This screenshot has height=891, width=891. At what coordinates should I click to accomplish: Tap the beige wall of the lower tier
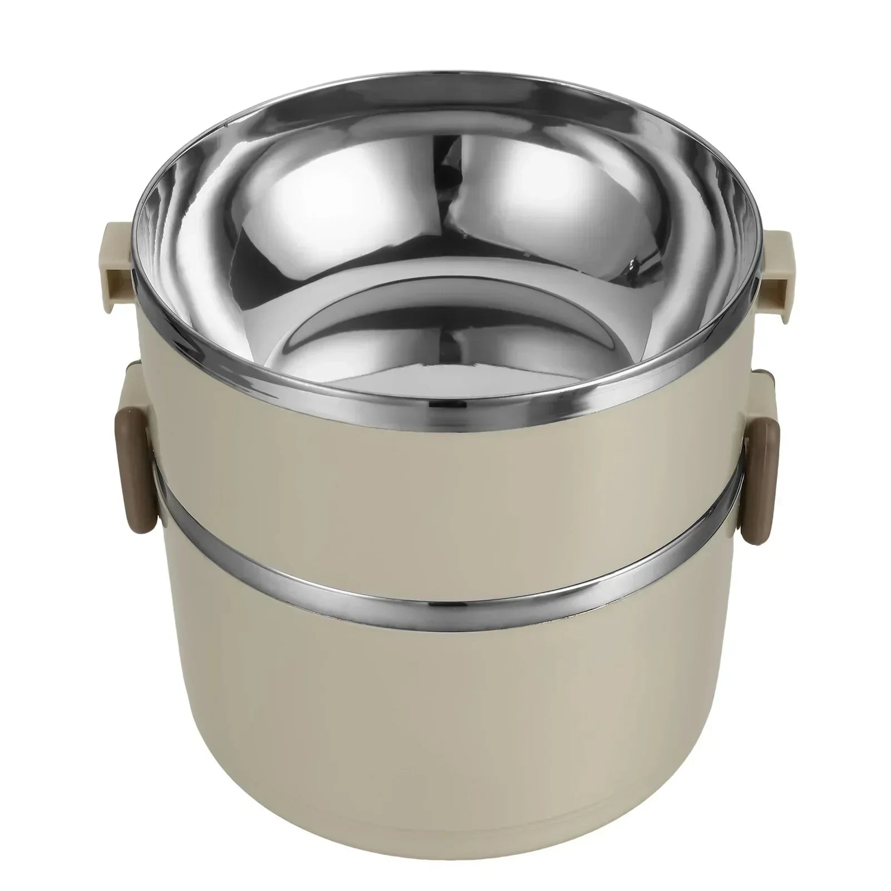point(445,696)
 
